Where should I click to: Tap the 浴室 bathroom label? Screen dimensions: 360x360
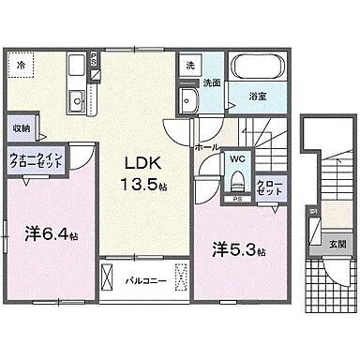click(x=257, y=94)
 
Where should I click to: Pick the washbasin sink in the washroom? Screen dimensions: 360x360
click(x=190, y=101)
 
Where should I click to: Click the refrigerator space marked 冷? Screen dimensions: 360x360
click(x=22, y=66)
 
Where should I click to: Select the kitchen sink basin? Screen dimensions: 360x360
click(x=76, y=101)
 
